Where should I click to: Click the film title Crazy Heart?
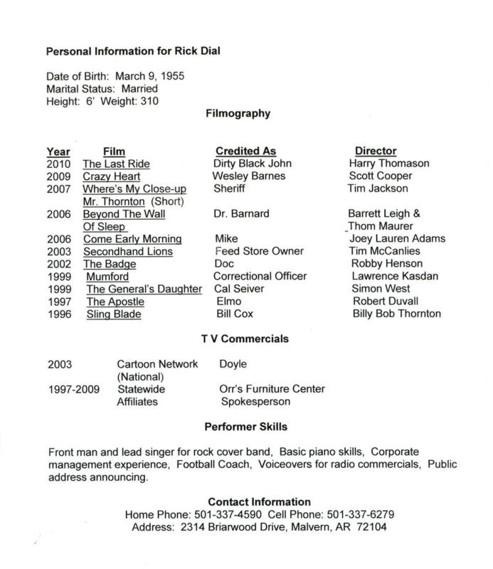click(x=112, y=176)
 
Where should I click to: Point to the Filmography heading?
click(x=235, y=112)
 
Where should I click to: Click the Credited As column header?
click(x=245, y=151)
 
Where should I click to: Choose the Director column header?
click(x=376, y=151)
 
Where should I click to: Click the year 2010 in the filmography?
click(x=58, y=164)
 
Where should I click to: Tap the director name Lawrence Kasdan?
click(x=391, y=276)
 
